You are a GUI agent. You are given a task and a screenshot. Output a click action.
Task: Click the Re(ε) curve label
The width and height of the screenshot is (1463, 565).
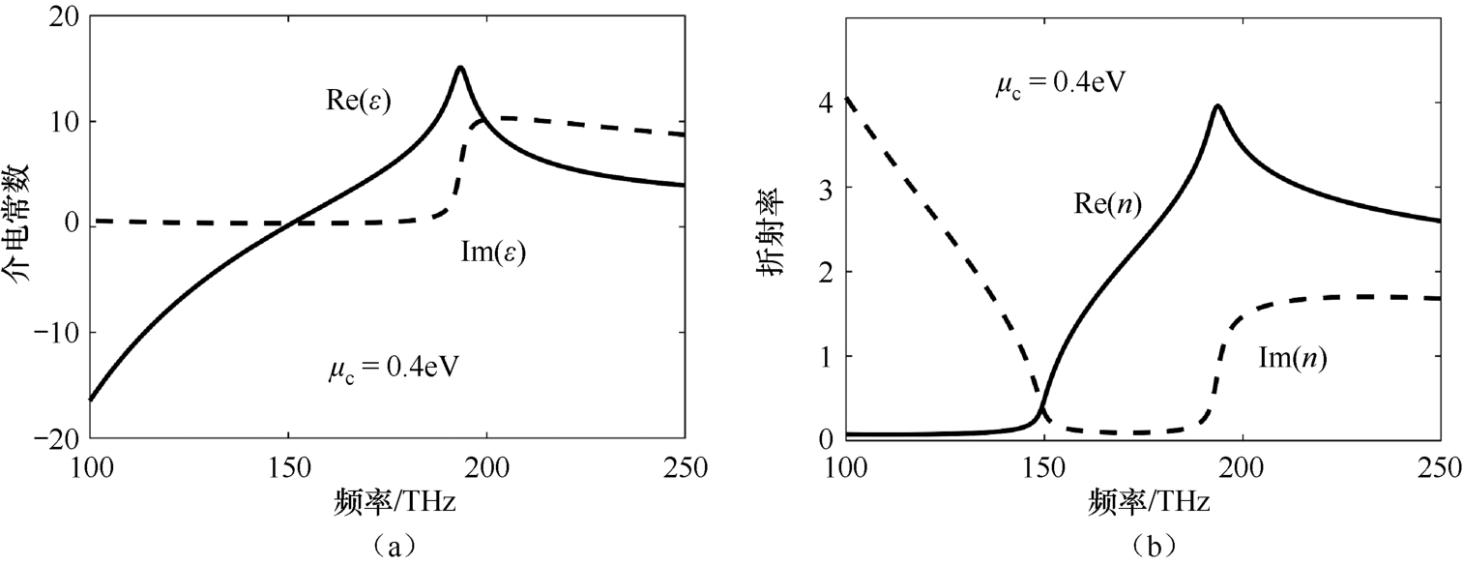coord(357,103)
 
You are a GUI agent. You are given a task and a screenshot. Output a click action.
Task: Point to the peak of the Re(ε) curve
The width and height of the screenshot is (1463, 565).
coord(460,68)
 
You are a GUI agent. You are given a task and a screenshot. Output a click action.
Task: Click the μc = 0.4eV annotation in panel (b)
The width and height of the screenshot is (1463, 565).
coord(1059,82)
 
